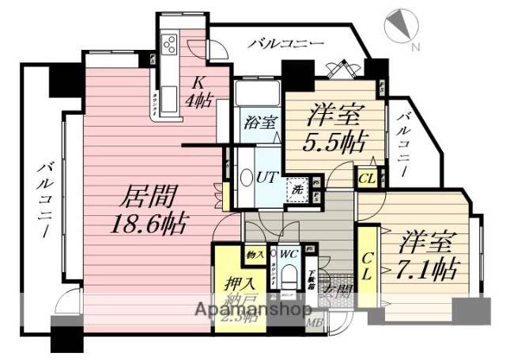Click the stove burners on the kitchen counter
coord(169,44)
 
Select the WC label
coord(289,254)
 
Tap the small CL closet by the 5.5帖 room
coord(367,177)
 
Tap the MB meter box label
coord(315,320)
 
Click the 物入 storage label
coord(255,254)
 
